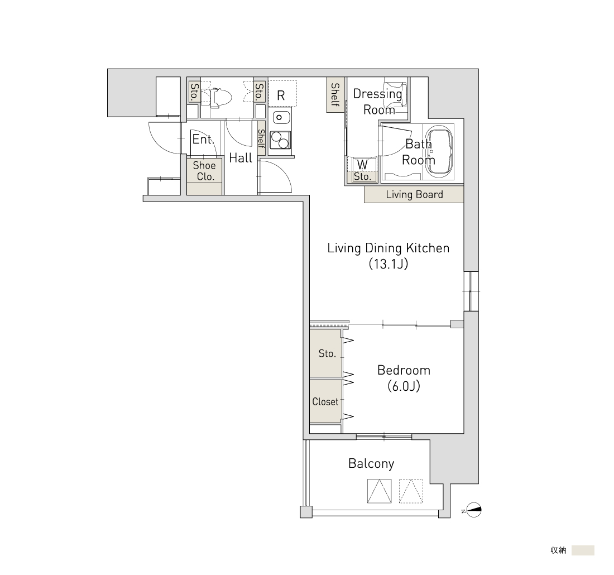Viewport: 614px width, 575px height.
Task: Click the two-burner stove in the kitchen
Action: click(x=280, y=140)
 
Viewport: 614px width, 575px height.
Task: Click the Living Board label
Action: click(x=414, y=194)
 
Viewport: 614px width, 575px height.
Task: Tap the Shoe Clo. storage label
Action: click(x=204, y=171)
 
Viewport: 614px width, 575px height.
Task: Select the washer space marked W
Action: click(x=362, y=164)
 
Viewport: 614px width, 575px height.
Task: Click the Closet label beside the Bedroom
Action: click(x=325, y=401)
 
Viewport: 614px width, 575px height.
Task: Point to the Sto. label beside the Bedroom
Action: click(x=327, y=354)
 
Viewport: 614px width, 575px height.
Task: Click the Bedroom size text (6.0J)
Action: click(x=404, y=387)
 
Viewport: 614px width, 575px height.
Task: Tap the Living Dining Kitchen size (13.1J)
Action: click(x=388, y=264)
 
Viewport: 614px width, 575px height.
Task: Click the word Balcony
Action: click(x=371, y=464)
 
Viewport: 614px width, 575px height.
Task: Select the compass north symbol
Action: click(x=474, y=510)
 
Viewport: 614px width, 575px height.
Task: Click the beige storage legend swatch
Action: click(x=583, y=550)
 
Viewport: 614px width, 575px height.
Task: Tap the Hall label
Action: click(x=241, y=158)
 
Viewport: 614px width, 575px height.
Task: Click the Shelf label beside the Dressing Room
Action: click(x=335, y=94)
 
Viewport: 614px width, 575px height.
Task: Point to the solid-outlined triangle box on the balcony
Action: click(x=380, y=491)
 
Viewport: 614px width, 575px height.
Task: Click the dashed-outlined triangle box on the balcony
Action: click(x=411, y=491)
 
